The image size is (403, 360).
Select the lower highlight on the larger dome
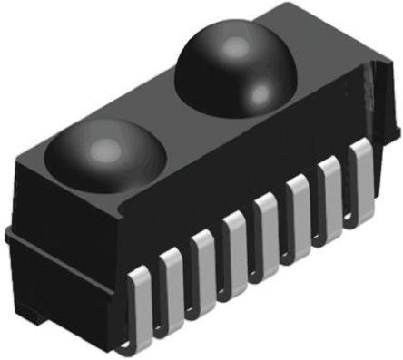click(260, 91)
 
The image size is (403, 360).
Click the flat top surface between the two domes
click(172, 118)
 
